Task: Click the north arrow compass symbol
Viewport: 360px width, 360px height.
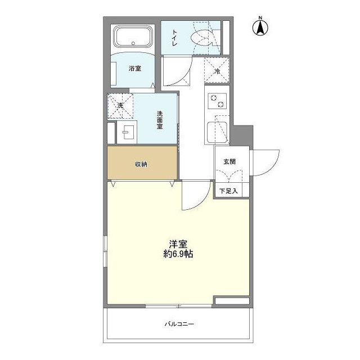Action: point(262,27)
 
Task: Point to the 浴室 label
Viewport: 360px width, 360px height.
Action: point(134,69)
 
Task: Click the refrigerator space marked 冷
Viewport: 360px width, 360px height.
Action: point(217,71)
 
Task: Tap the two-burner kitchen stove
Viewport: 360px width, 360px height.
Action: point(217,101)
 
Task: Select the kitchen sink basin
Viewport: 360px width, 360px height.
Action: point(217,133)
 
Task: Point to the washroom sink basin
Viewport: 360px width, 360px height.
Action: point(126,133)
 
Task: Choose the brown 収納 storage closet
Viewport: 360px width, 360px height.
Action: point(141,164)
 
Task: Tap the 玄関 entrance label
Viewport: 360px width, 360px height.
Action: point(229,161)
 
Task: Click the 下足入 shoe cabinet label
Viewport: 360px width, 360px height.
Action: point(228,191)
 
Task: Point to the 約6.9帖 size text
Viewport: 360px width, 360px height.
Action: point(178,254)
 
